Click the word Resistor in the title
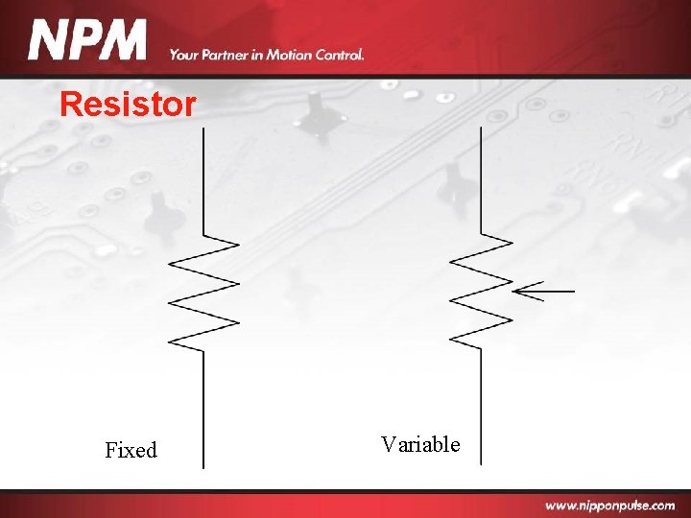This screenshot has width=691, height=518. pyautogui.click(x=128, y=104)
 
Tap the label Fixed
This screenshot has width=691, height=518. pyautogui.click(x=131, y=450)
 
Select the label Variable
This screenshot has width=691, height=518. pyautogui.click(x=420, y=444)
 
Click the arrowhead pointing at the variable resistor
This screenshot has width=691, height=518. pyautogui.click(x=518, y=290)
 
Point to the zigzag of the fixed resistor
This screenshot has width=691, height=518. pyautogui.click(x=203, y=293)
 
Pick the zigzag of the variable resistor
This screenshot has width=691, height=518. pyautogui.click(x=481, y=289)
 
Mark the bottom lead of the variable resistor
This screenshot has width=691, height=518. pyautogui.click(x=481, y=403)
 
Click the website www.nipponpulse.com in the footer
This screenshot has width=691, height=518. pyautogui.click(x=609, y=505)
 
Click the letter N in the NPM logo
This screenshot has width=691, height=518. pyautogui.click(x=48, y=41)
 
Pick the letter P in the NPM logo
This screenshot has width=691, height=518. pyautogui.click(x=85, y=41)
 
